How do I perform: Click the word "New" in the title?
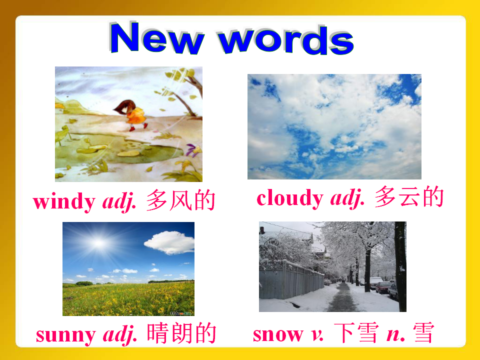[x=156, y=37]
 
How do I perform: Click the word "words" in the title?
[x=286, y=40]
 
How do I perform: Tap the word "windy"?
[x=64, y=201]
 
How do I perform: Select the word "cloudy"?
[x=290, y=198]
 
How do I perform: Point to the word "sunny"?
[x=66, y=335]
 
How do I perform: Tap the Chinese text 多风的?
[x=180, y=200]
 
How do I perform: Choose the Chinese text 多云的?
[x=409, y=197]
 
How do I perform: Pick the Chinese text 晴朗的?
[x=181, y=333]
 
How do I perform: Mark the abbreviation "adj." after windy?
[x=119, y=202]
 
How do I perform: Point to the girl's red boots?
[x=138, y=127]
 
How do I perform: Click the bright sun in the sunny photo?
[x=98, y=243]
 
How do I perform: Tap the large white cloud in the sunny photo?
[x=169, y=242]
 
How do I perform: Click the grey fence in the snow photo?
[x=291, y=280]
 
